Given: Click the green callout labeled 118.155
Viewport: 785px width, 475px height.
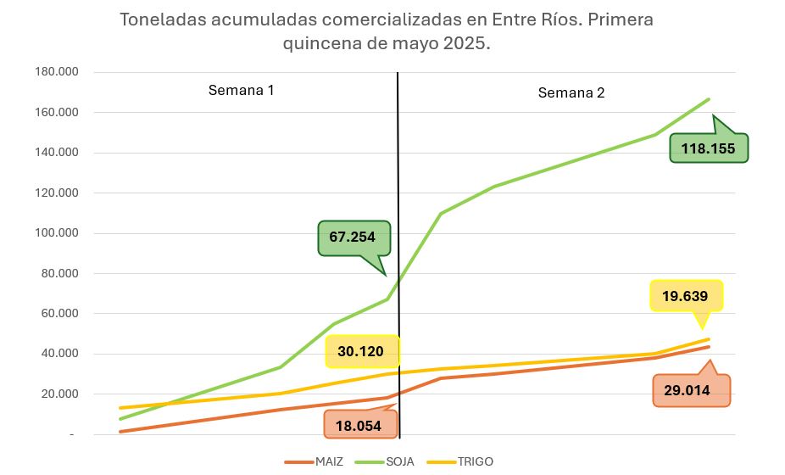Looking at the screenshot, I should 708,148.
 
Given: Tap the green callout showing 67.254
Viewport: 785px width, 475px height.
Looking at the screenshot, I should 354,237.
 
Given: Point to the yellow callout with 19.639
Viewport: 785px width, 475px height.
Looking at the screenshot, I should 686,296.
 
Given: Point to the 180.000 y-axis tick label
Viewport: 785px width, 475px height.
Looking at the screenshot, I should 56,72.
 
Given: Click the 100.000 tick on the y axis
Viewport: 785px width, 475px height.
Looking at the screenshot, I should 56,233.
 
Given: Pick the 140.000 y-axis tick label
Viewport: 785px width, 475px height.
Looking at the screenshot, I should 56,153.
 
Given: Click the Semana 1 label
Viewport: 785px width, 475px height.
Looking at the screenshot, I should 242,90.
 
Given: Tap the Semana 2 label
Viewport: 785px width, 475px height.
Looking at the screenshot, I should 571,92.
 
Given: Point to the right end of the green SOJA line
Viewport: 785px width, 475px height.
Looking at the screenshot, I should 709,99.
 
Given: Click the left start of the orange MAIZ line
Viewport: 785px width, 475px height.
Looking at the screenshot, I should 120,432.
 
